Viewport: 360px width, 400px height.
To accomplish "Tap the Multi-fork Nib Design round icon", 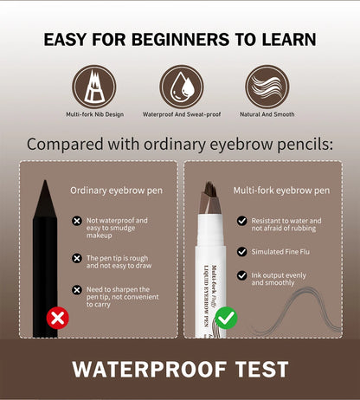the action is click(94, 87).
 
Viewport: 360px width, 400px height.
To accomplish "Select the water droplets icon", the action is click(182, 87).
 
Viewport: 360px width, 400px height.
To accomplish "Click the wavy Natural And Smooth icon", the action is click(267, 87).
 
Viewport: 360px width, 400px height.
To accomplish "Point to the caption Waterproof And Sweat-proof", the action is click(182, 114).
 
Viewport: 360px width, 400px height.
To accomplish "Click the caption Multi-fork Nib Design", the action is click(95, 114).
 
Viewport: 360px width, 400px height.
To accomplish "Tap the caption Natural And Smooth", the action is click(267, 114).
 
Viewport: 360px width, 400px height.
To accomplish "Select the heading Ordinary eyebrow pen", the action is click(117, 190).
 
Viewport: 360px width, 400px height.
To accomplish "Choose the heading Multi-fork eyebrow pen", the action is click(281, 190).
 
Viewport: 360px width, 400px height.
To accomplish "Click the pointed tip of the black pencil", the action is click(45, 180).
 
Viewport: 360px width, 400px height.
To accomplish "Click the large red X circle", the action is click(58, 319).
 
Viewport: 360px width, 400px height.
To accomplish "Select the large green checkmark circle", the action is click(226, 319).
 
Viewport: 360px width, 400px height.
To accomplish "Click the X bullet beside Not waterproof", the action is click(77, 221).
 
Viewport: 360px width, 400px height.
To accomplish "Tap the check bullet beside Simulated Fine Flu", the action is click(241, 252).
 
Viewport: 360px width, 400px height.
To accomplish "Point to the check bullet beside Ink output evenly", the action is click(241, 275).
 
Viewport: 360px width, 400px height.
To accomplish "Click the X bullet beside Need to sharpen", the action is click(77, 290).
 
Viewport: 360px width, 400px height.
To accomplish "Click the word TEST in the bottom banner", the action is click(261, 370).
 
